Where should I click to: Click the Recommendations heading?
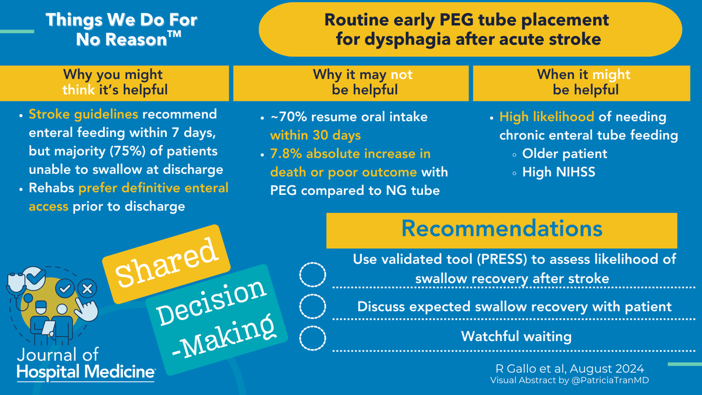point(501,229)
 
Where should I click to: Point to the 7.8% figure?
point(284,154)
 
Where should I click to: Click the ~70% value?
point(285,117)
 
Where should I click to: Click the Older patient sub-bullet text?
point(565,154)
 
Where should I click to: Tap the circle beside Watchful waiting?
point(312,338)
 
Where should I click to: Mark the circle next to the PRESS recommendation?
point(312,276)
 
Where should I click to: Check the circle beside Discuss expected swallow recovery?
point(312,306)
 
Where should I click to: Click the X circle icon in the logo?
point(87,288)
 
